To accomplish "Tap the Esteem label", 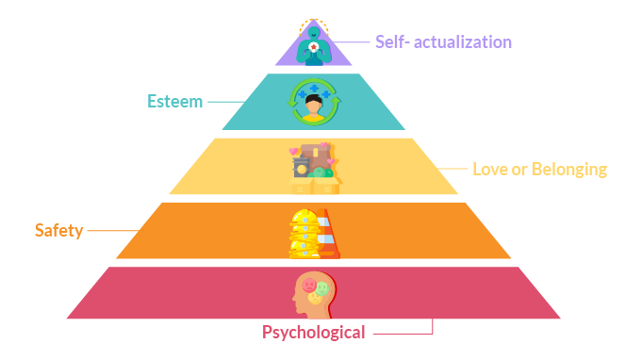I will coord(174,101).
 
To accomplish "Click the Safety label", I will coord(58,230).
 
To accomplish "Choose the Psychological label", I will coord(313,332).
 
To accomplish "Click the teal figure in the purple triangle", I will coord(314,43).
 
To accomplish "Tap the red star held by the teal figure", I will coord(314,45).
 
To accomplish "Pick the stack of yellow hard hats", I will coord(303,232).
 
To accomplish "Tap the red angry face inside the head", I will coord(308,284).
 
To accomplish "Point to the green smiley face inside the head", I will coord(323,287).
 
